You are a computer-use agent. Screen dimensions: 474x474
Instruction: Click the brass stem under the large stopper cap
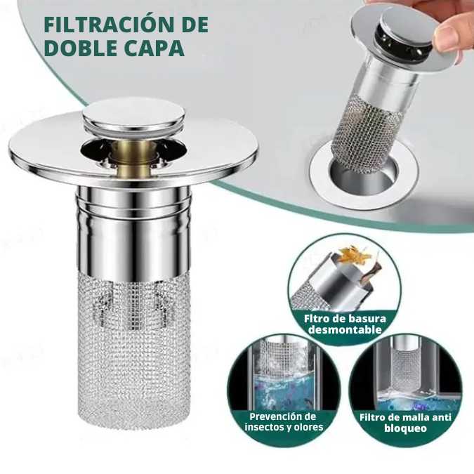click(133, 151)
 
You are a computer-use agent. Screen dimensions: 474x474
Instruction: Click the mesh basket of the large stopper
click(134, 344)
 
